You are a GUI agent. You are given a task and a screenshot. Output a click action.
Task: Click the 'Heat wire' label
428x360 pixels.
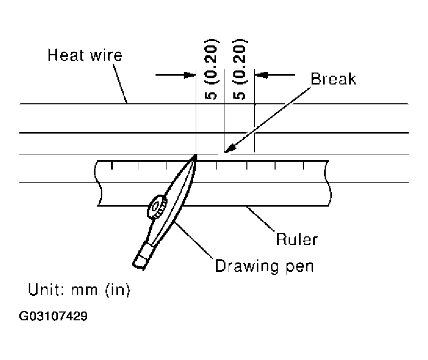click(85, 55)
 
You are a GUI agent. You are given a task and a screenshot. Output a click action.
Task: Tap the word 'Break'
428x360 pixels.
click(333, 79)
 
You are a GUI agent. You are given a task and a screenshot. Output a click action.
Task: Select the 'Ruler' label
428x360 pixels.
click(296, 240)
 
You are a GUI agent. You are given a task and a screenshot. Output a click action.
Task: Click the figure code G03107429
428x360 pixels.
click(54, 316)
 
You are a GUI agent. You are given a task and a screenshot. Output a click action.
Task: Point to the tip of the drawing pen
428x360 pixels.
click(196, 155)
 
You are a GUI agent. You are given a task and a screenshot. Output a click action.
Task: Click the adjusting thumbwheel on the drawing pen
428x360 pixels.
click(157, 208)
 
